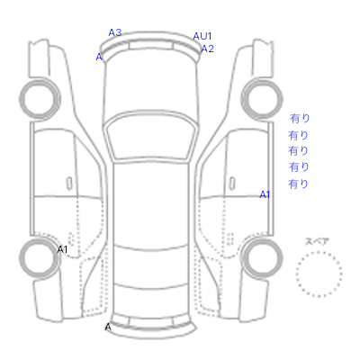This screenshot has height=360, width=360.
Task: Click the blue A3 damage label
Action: point(115,32)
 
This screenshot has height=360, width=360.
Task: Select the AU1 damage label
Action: point(202,36)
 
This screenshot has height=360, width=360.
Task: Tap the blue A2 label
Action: point(207,49)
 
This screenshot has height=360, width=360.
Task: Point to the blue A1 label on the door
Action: point(265,194)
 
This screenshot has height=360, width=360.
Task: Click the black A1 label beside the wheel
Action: point(62,249)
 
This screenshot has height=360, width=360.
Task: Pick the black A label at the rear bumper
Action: point(108,327)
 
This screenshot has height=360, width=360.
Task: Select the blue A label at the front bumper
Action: point(99,57)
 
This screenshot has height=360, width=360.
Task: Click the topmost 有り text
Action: point(300,118)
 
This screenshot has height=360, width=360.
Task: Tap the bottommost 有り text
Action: point(298,184)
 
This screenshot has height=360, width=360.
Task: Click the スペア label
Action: point(317,241)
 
